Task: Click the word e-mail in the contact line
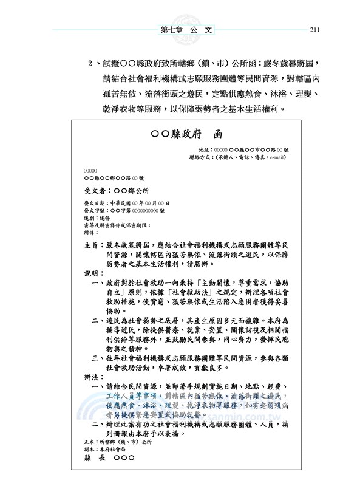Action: pos(275,157)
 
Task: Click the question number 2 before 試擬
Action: pos(90,63)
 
